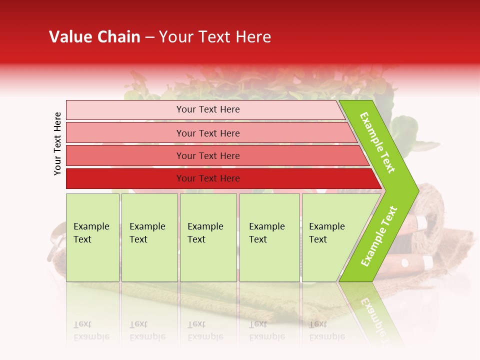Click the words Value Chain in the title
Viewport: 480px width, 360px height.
coord(94,37)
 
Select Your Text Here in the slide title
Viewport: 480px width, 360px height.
coord(215,37)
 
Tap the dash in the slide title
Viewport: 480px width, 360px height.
coord(149,37)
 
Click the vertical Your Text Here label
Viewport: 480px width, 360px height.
coord(58,143)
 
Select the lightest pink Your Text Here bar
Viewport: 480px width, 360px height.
coord(207,109)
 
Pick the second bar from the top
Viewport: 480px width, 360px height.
coord(207,133)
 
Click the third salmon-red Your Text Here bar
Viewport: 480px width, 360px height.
coord(207,155)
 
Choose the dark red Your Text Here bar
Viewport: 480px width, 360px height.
coord(207,178)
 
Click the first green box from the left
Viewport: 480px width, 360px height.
coord(92,237)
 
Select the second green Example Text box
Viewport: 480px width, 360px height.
coord(149,237)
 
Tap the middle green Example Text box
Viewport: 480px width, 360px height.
coord(208,237)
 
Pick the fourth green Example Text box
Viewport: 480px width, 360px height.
coord(269,237)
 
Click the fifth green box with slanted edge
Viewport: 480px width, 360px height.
coord(330,237)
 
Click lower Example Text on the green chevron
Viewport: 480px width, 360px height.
coord(379,236)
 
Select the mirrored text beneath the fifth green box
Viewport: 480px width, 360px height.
coord(327,330)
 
